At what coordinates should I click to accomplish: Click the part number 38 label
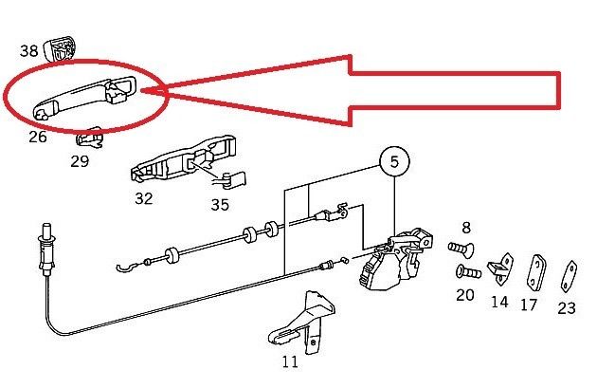coord(28,51)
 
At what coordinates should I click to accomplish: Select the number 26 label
coord(37,138)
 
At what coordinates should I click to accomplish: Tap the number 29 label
coord(80,161)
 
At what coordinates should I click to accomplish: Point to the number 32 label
coord(143,198)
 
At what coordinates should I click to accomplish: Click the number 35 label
coord(220,203)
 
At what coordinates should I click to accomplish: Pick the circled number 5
coord(394,162)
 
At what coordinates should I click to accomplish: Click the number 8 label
coord(465,228)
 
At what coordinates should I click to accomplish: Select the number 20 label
coord(465,295)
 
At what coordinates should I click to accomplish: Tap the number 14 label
coord(499,302)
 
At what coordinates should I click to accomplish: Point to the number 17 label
coord(530,305)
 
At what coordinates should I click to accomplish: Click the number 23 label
coord(567,307)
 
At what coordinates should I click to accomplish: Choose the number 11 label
coord(289,360)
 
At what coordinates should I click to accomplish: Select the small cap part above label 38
coord(63,46)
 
